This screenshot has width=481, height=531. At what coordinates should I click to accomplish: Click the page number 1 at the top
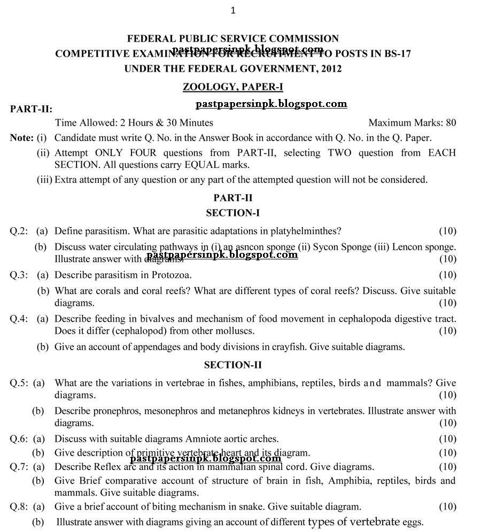[233, 10]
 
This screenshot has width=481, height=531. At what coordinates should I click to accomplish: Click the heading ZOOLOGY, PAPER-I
[233, 87]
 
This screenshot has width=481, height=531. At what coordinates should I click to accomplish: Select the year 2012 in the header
[331, 68]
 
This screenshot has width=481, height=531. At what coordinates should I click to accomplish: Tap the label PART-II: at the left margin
[31, 109]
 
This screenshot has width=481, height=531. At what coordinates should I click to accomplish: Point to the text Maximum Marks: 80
[412, 123]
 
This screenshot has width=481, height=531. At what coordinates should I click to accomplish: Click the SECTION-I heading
[233, 213]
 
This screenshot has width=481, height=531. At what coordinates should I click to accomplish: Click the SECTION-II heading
[233, 365]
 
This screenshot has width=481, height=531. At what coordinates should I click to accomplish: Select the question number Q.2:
[19, 231]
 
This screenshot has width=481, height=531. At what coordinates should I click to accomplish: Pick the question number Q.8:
[19, 506]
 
